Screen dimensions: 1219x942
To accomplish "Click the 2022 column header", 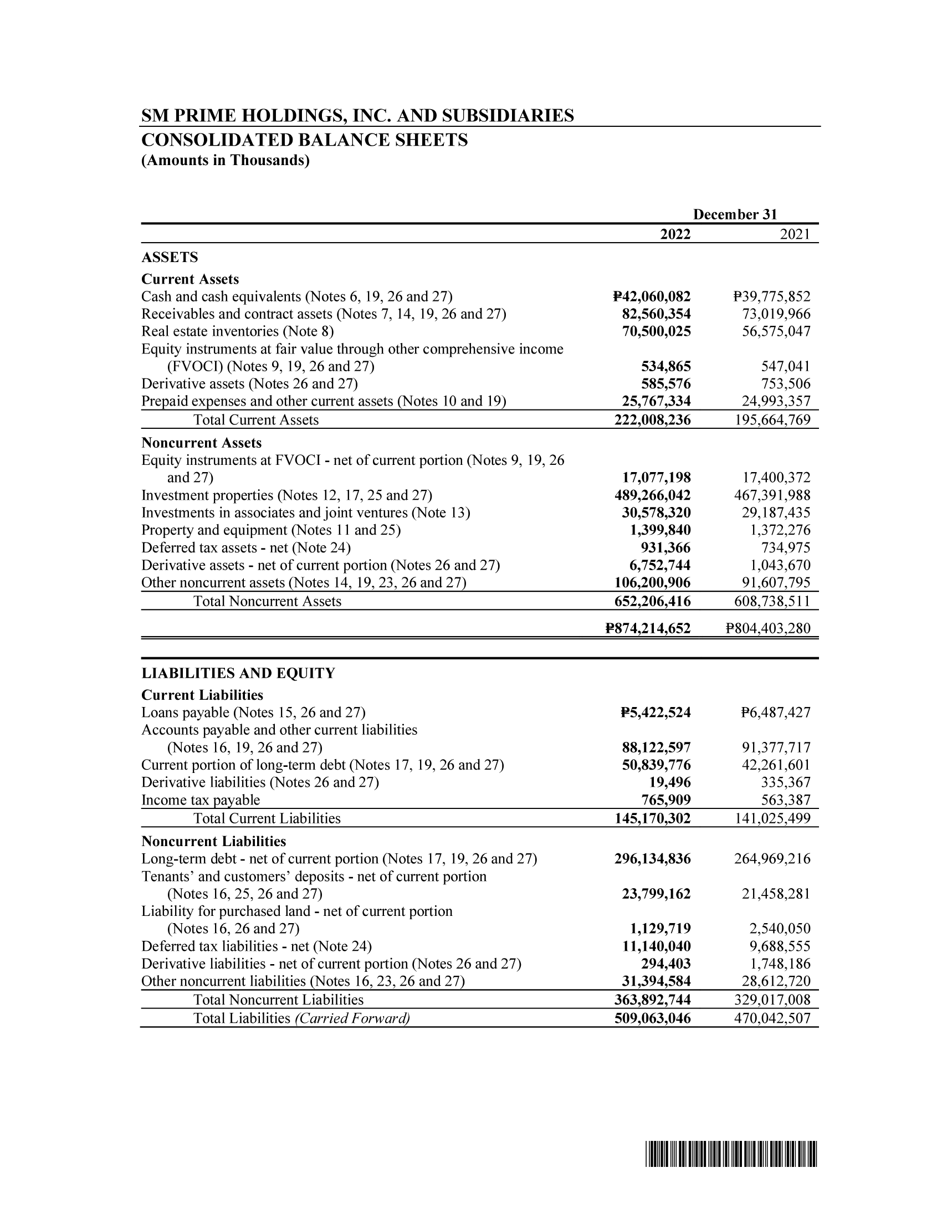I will (675, 234).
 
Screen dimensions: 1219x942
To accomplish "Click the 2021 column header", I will (795, 234).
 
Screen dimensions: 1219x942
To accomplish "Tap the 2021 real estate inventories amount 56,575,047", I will (776, 331).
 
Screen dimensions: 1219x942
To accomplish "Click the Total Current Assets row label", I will (255, 420).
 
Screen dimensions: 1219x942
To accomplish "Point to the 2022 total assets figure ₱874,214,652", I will (648, 628).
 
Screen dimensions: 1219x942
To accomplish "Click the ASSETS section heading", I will (170, 257).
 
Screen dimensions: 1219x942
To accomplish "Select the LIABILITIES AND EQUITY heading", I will (238, 673).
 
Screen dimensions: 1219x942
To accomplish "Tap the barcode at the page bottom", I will (731, 1155).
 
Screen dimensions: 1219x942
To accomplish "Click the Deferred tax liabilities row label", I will (256, 946).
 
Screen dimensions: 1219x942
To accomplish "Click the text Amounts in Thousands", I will (226, 161).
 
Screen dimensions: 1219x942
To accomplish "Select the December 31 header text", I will (734, 214).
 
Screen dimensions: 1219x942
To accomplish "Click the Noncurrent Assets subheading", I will (201, 443).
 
